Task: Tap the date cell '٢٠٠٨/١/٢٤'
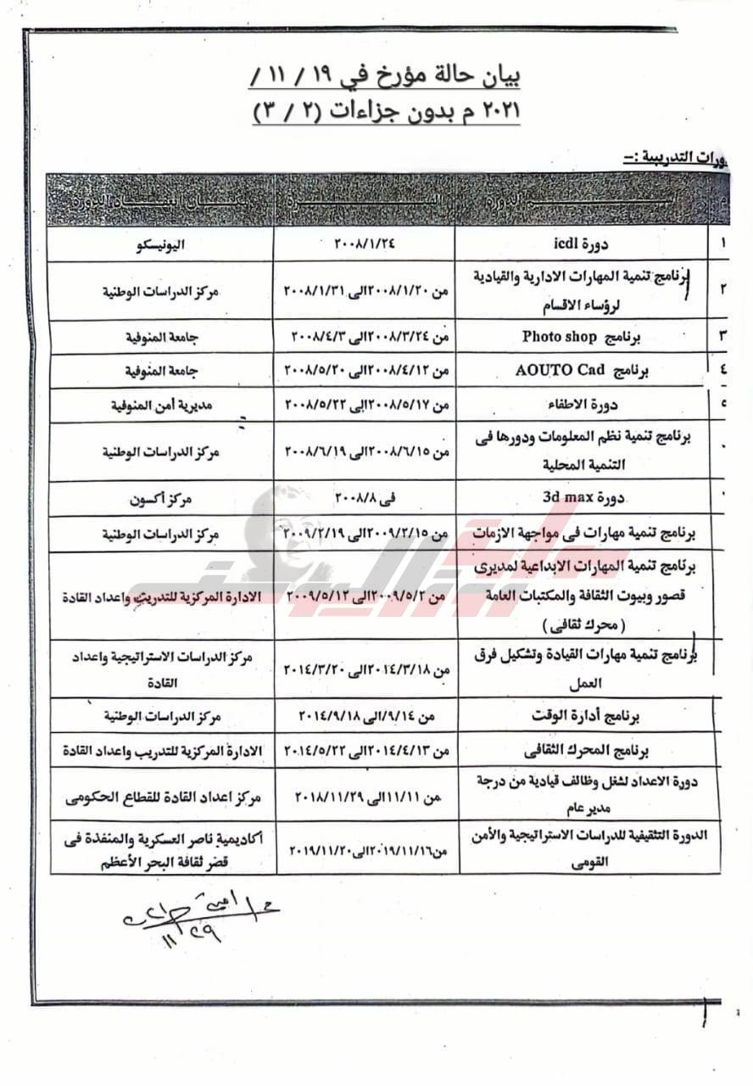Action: [365, 244]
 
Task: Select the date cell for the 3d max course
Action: [365, 498]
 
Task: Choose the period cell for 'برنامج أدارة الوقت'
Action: [365, 716]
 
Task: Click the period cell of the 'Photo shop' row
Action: [365, 337]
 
